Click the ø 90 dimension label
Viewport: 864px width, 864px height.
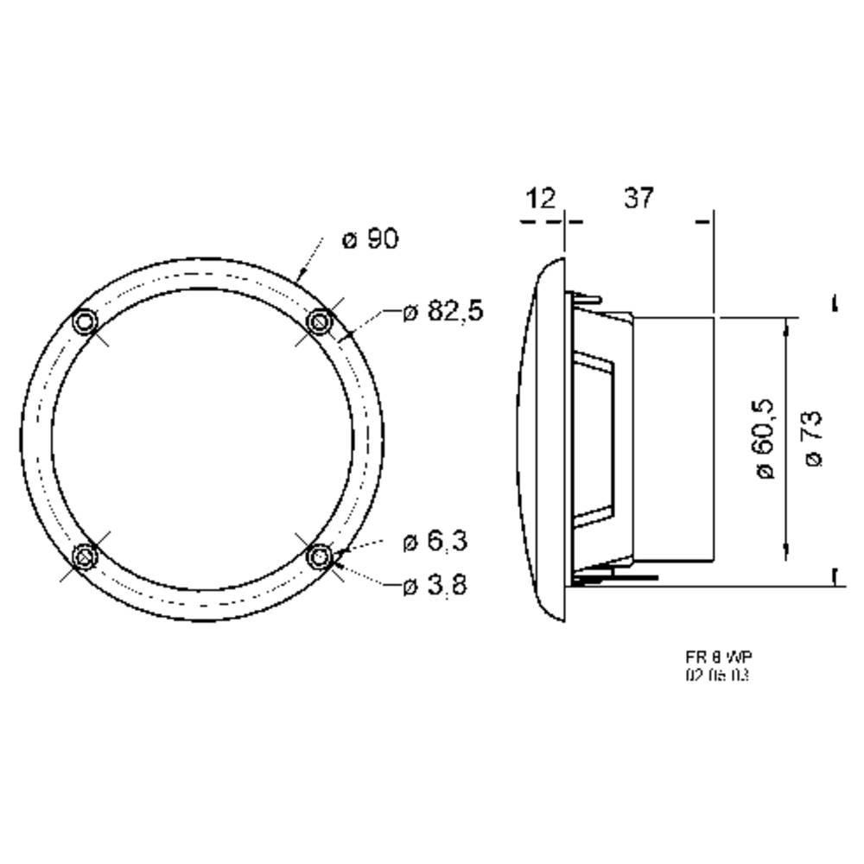pos(371,239)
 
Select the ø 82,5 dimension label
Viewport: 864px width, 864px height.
pos(443,312)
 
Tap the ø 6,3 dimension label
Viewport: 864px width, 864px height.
pos(435,543)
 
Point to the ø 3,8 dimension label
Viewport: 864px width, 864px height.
pos(435,586)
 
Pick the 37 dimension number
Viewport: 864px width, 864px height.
pos(638,198)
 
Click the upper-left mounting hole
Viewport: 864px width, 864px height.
pos(85,322)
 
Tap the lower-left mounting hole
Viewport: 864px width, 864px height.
pos(85,556)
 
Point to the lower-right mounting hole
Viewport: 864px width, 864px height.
pos(321,556)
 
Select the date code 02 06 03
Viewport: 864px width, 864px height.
pos(715,676)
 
